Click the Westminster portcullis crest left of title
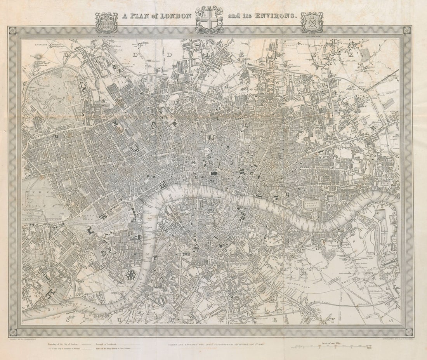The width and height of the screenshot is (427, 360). pyautogui.click(x=106, y=23)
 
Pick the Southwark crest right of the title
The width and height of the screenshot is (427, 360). pyautogui.click(x=312, y=23)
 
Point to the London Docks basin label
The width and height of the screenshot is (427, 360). pyautogui.click(x=311, y=203)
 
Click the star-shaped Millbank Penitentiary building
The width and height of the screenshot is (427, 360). pyautogui.click(x=131, y=275)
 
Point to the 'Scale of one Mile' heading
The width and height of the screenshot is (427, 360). pyautogui.click(x=328, y=343)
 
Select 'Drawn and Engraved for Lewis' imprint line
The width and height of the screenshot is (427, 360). pyautogui.click(x=212, y=344)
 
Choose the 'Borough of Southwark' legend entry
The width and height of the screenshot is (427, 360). pyautogui.click(x=108, y=344)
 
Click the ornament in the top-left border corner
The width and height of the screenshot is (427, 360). pyautogui.click(x=13, y=30)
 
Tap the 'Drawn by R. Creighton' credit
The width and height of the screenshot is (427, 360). pyautogui.click(x=21, y=339)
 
